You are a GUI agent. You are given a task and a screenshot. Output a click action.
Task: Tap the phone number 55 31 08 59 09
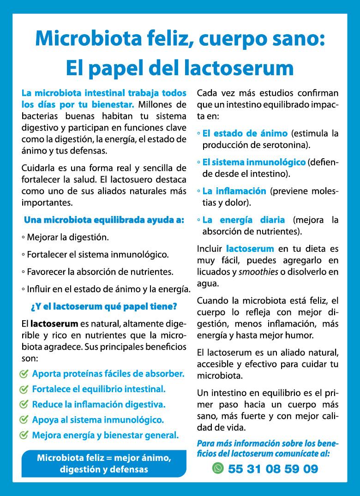[273, 469]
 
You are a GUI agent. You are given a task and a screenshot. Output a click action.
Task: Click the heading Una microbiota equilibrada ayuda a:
[104, 220]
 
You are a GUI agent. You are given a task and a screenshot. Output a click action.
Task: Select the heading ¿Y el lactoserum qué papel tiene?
[104, 306]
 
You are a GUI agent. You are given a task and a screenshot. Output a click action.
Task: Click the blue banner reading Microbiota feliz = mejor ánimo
[104, 464]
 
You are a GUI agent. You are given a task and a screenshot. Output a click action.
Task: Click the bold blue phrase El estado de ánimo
[245, 133]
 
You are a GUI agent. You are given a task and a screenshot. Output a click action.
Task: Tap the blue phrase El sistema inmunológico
[254, 162]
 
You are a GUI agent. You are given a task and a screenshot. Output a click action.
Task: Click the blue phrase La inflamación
[234, 191]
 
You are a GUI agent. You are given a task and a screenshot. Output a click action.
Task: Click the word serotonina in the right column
[284, 145]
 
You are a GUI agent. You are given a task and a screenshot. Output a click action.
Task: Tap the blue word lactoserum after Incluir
[250, 249]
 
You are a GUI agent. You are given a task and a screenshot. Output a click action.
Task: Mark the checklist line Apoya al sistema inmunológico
[98, 420]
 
